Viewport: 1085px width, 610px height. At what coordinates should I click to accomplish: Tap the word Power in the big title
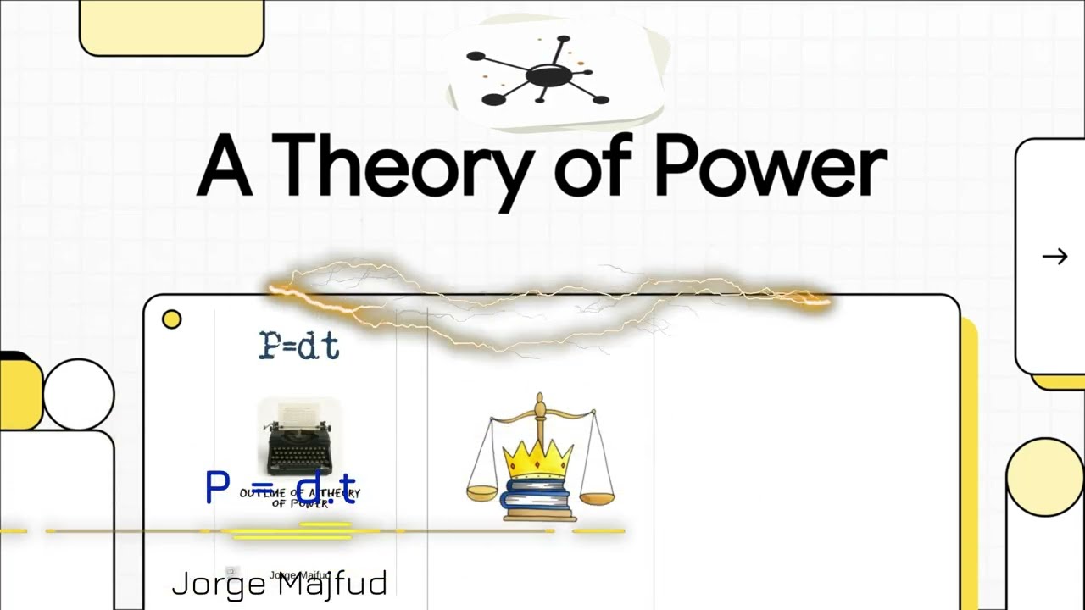[x=770, y=167]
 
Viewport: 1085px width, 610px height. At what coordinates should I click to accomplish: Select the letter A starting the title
[x=225, y=167]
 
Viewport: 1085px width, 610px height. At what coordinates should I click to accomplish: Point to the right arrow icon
[x=1054, y=257]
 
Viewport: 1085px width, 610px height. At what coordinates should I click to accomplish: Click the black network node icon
[x=542, y=75]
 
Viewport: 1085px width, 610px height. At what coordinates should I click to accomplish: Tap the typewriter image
[x=300, y=441]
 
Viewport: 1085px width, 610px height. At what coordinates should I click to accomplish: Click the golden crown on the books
[x=540, y=461]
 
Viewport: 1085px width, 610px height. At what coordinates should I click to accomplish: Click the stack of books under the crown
[x=539, y=500]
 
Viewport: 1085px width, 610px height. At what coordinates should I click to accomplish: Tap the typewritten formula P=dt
[x=299, y=346]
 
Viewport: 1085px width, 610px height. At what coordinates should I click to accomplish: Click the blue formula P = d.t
[x=281, y=487]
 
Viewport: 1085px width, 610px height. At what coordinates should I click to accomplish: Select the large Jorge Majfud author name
[x=280, y=584]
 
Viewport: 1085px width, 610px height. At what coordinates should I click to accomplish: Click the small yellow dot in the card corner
[x=171, y=319]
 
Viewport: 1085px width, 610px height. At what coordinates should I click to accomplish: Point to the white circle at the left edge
[x=78, y=394]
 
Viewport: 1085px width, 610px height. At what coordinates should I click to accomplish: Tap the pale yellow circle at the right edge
[x=1044, y=477]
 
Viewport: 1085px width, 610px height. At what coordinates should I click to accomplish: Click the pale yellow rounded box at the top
[x=171, y=25]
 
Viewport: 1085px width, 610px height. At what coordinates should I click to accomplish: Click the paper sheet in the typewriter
[x=299, y=413]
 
